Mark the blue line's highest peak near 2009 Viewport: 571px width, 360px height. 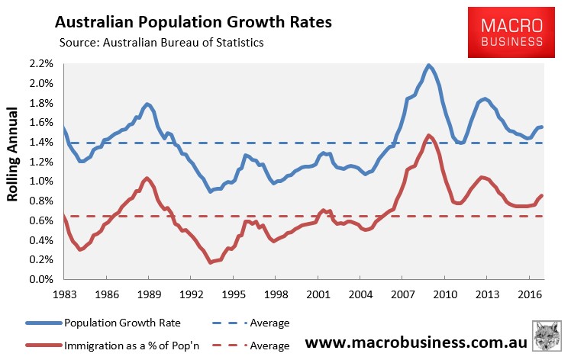[x=429, y=66]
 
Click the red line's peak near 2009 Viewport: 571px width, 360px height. [x=429, y=136]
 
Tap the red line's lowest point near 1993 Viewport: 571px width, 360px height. [x=210, y=262]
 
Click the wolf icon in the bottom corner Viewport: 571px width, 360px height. [x=546, y=339]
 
